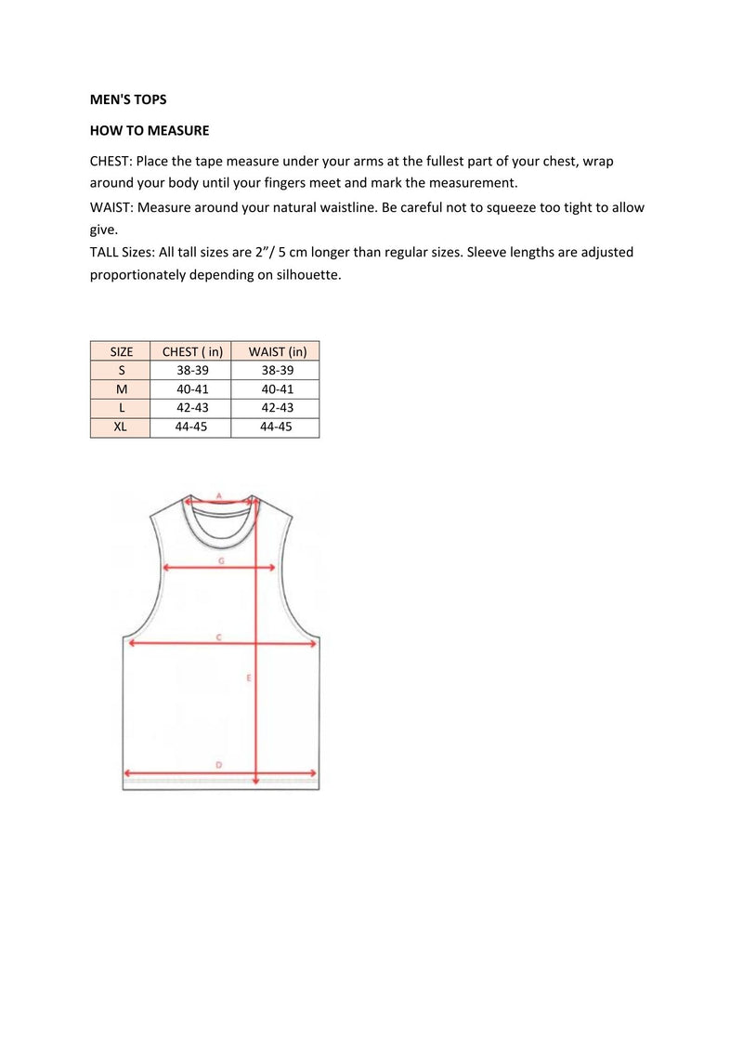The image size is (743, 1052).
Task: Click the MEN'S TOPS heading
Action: pos(128,99)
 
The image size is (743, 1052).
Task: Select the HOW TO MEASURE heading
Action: pos(150,130)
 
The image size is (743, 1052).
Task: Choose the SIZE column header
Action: pos(122,351)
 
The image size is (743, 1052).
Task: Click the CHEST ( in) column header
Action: pos(192,351)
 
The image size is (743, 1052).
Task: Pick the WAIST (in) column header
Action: pos(277,351)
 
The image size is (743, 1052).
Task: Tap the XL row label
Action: pos(122,427)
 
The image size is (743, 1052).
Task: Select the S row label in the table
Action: pos(122,370)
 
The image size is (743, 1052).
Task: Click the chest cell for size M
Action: pos(192,389)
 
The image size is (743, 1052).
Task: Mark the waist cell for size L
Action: pos(277,408)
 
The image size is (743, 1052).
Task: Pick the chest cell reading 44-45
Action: pos(192,427)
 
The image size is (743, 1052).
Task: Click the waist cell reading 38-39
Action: pos(277,370)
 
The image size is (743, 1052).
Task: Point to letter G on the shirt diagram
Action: pos(221,561)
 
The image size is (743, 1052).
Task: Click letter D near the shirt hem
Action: pos(218,764)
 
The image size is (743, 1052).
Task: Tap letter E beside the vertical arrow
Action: pos(249,678)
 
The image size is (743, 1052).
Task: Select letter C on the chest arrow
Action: pos(218,637)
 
